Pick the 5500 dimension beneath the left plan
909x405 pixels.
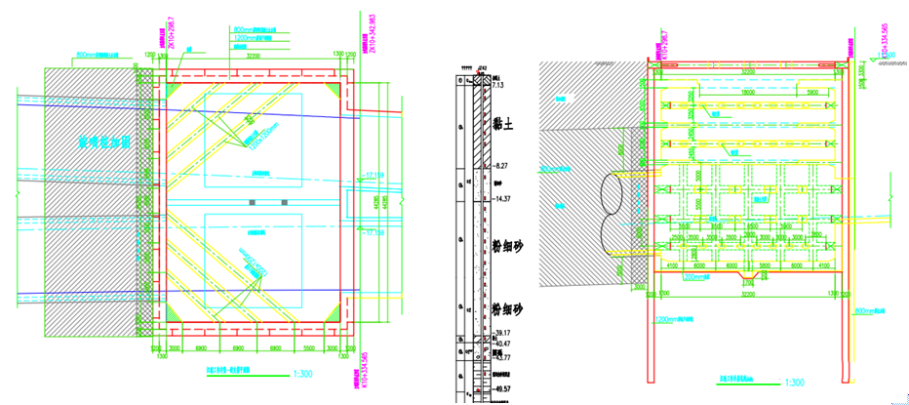[308, 347]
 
